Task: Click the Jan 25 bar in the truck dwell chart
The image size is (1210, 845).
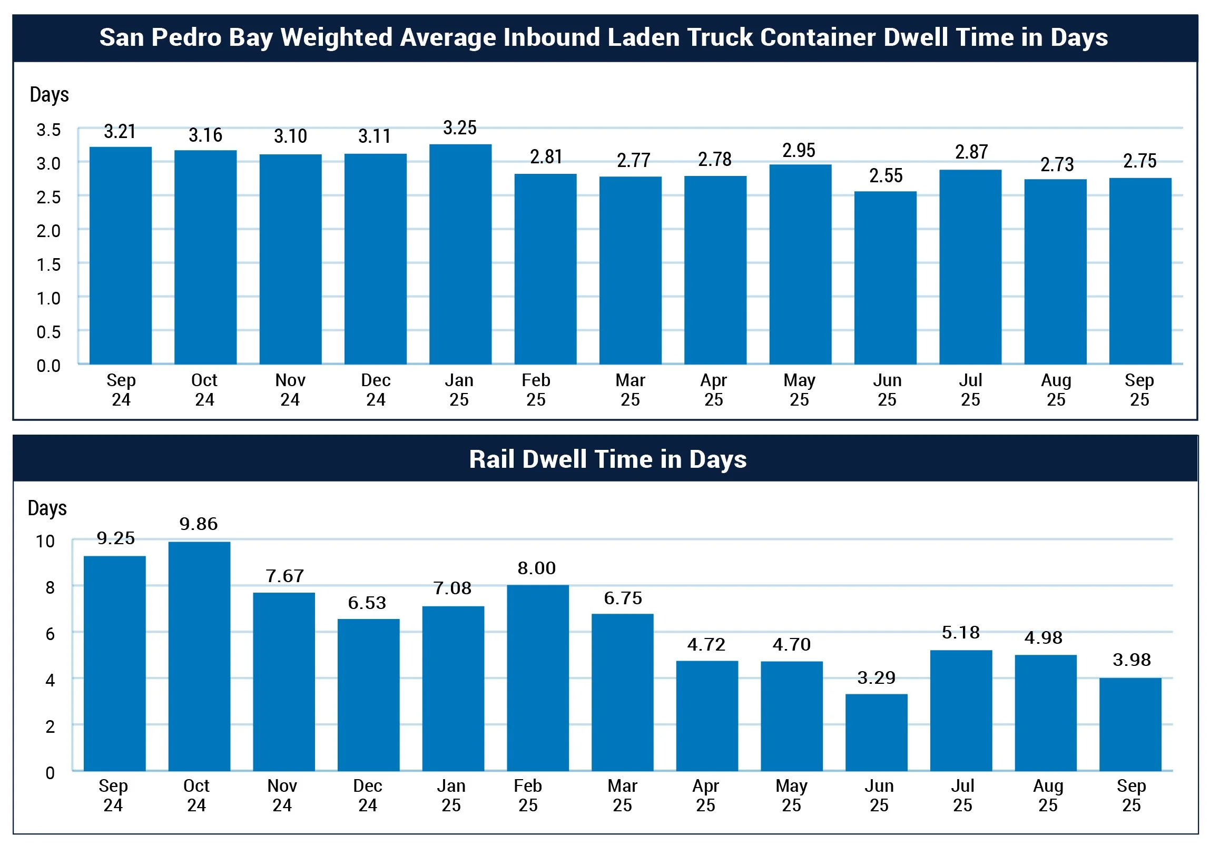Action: pos(460,254)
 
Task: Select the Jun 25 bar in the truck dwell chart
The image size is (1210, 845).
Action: pos(885,278)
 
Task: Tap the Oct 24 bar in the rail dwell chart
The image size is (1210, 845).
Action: pos(199,656)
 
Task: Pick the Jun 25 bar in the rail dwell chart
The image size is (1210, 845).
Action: pos(876,732)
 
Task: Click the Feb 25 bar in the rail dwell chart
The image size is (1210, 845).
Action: pos(537,677)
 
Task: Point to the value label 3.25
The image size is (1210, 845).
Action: pos(459,128)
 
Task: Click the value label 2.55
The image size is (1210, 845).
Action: pos(886,176)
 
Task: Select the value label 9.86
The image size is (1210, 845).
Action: pos(198,524)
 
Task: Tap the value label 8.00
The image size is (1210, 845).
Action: pos(536,568)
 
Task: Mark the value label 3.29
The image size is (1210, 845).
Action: pos(876,678)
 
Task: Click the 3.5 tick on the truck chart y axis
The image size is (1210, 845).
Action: pos(48,130)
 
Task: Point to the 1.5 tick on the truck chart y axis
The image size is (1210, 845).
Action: pos(48,264)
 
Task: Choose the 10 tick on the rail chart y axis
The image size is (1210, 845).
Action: pos(45,542)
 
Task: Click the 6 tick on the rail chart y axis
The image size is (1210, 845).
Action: pos(50,634)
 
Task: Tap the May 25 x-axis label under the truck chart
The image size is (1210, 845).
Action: pos(799,390)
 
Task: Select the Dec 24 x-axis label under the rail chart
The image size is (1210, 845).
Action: pos(367,795)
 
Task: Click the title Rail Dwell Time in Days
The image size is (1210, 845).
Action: pos(608,459)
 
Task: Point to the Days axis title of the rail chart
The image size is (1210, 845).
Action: pos(47,508)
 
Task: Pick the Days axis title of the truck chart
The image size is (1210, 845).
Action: pos(50,95)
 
